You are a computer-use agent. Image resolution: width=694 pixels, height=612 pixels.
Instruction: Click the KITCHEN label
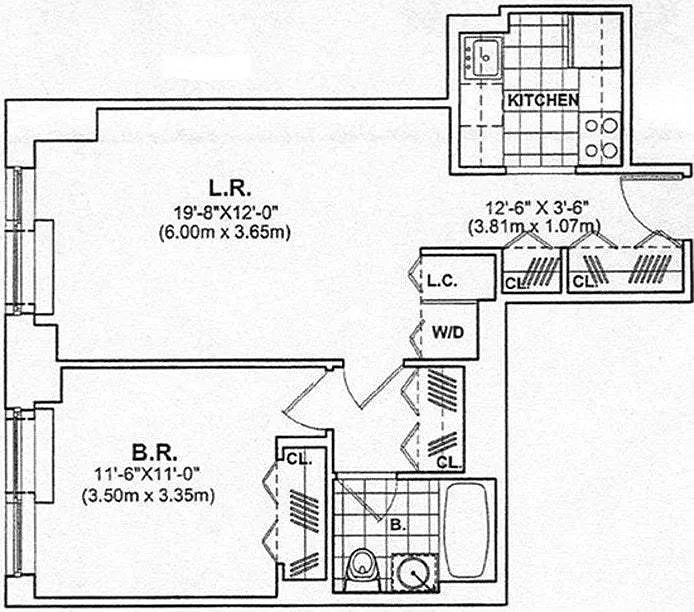(543, 100)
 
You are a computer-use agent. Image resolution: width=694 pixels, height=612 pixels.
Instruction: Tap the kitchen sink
(482, 58)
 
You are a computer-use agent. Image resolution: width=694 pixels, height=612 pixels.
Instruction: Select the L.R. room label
(229, 187)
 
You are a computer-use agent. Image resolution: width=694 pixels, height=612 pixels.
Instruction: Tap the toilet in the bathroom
(361, 566)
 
